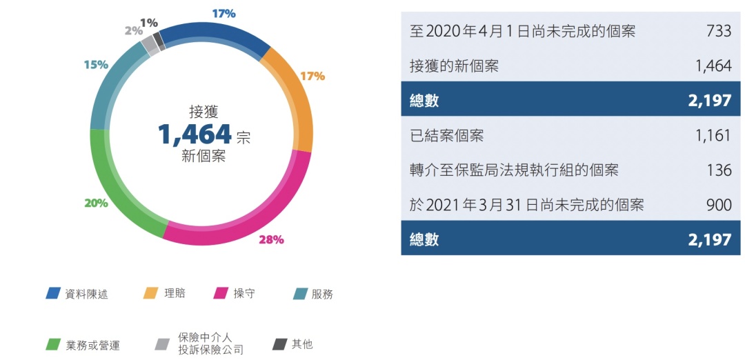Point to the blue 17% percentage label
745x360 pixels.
(x=223, y=13)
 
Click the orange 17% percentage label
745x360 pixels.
(x=312, y=76)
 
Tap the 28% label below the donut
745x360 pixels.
(x=271, y=240)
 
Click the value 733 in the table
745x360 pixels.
(x=718, y=31)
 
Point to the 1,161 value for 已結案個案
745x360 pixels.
(x=713, y=135)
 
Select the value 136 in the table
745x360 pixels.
(x=719, y=170)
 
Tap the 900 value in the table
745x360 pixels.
(x=718, y=205)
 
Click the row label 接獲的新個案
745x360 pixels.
(x=453, y=66)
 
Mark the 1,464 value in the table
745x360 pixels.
(x=713, y=66)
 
